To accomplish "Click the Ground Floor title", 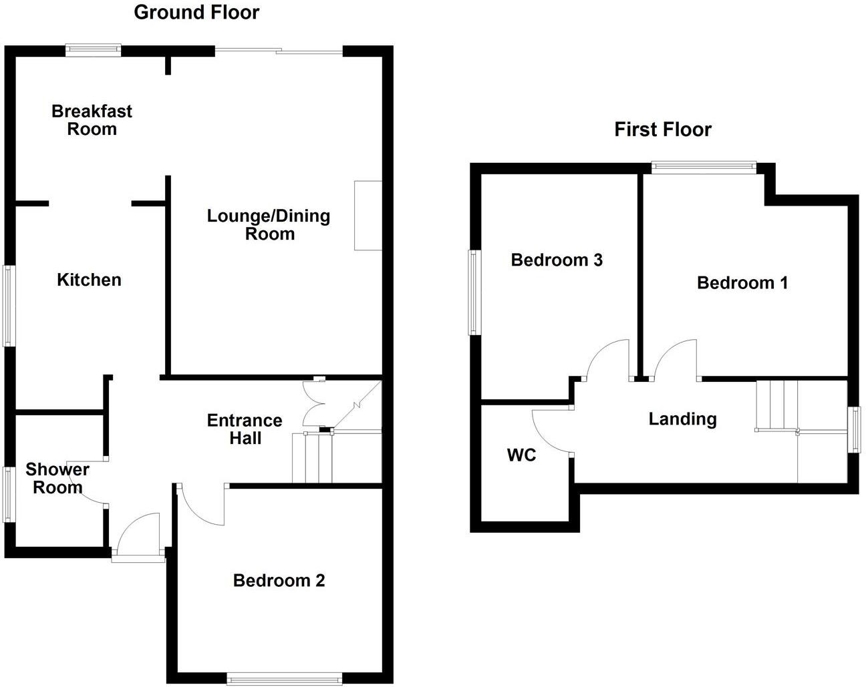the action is [196, 13].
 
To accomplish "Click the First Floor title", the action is [663, 130].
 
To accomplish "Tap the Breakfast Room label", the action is [92, 120].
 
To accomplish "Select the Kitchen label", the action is [89, 280].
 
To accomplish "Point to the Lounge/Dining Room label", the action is [269, 225].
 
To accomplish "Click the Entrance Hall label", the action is [245, 429].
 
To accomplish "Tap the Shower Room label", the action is [57, 478].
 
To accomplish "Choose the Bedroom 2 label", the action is [279, 580].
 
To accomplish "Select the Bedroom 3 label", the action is [557, 260].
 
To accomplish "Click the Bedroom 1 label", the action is [742, 283].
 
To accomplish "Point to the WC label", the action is [521, 455].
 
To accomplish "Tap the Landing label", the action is [682, 419].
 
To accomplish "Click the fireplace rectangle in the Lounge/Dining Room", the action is [368, 216].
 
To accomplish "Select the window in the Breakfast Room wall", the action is [94, 50].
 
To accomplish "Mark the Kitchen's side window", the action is [9, 306].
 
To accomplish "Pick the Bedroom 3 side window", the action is [475, 292].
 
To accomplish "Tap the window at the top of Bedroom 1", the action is [704, 168].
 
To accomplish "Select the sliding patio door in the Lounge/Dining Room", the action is [279, 51].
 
